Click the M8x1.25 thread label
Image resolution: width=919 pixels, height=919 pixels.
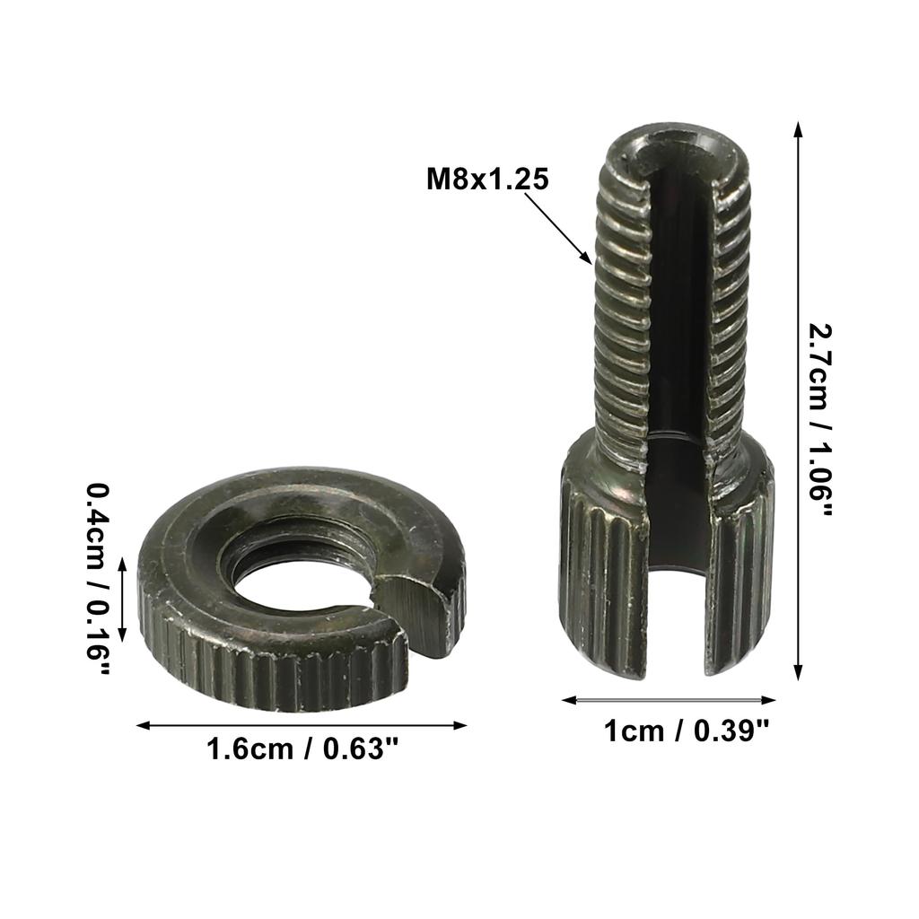coord(486,179)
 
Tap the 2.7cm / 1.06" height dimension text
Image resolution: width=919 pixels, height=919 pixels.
coord(820,418)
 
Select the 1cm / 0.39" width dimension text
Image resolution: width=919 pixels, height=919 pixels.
coord(687,731)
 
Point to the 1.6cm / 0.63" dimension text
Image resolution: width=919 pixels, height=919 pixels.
coord(302,748)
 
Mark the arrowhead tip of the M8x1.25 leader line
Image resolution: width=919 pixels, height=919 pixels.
coord(591,263)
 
